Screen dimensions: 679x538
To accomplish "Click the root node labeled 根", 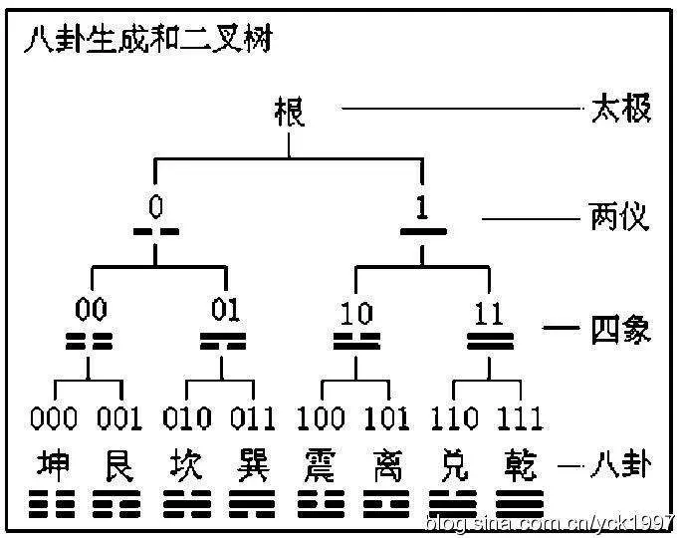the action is pyautogui.click(x=290, y=112).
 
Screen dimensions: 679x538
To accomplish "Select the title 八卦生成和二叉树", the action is pyautogui.click(x=148, y=39).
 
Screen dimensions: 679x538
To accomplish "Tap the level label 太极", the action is pyautogui.click(x=621, y=109).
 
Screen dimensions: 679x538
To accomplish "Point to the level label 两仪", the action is pyautogui.click(x=619, y=216).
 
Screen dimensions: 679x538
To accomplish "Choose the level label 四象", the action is pyautogui.click(x=621, y=330).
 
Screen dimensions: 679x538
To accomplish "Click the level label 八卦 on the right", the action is pyautogui.click(x=620, y=465).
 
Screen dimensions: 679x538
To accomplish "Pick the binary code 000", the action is pyautogui.click(x=54, y=418).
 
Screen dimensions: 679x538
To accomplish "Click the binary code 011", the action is pyautogui.click(x=253, y=418).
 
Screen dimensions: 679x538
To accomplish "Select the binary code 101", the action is pyautogui.click(x=386, y=418).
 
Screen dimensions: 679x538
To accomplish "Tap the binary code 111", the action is pyautogui.click(x=520, y=418).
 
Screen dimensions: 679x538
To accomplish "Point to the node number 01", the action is pyautogui.click(x=225, y=310).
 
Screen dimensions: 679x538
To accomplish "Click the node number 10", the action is pyautogui.click(x=356, y=313).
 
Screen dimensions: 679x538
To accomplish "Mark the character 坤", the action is pyautogui.click(x=53, y=465).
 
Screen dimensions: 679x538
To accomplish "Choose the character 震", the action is pyautogui.click(x=321, y=465).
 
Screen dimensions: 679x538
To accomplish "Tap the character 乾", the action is pyautogui.click(x=520, y=465).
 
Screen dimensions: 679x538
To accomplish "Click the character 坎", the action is pyautogui.click(x=186, y=465).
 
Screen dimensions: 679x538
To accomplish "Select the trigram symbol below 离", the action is pyautogui.click(x=386, y=504).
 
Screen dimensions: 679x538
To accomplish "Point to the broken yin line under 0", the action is pyautogui.click(x=156, y=232).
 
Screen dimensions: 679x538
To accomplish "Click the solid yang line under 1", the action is pyautogui.click(x=423, y=232).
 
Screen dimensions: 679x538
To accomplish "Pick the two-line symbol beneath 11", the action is pyautogui.click(x=490, y=341).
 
